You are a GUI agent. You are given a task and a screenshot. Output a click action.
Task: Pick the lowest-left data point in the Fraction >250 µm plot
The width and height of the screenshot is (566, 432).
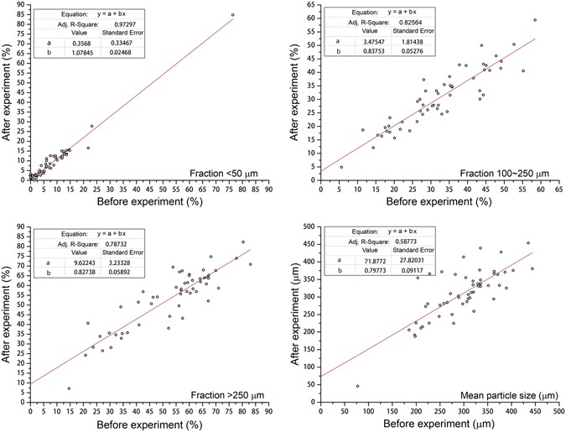click(x=69, y=388)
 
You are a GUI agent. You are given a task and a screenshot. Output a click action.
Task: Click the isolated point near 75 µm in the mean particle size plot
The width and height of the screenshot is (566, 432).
click(x=357, y=387)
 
